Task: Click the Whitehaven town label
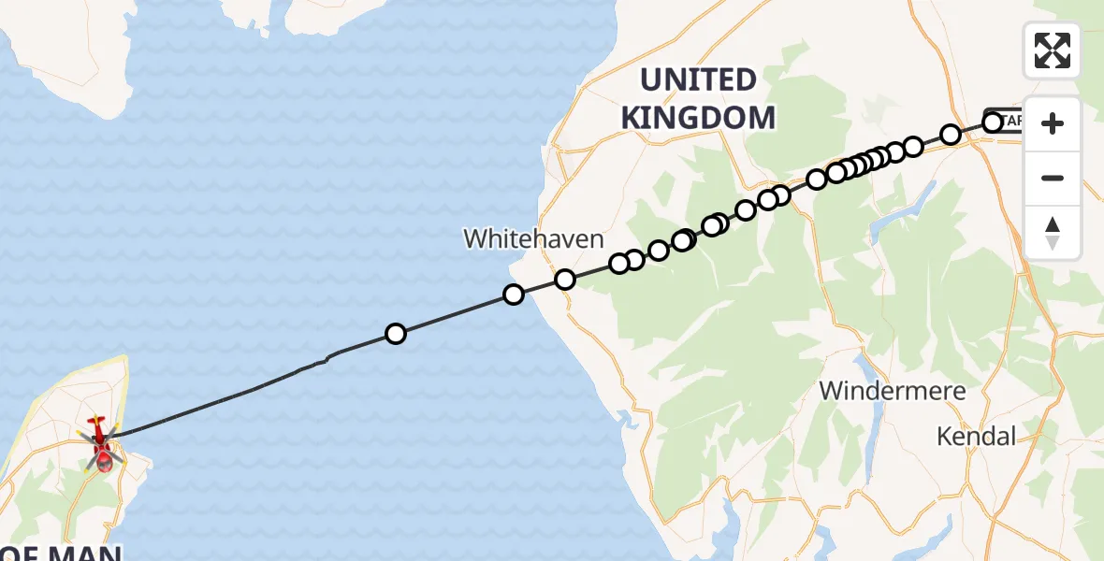[x=534, y=238]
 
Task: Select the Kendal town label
[x=977, y=436]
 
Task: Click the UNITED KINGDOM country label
[x=698, y=98]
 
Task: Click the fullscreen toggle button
[x=1053, y=50]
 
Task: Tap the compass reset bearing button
[x=1053, y=233]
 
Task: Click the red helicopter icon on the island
[x=101, y=443]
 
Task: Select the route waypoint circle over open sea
[x=396, y=334]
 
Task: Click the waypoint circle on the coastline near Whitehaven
[x=513, y=295]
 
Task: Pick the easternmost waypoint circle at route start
[x=993, y=122]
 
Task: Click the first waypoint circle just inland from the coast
[x=564, y=280]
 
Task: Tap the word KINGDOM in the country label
[x=698, y=117]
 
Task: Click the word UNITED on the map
[x=698, y=79]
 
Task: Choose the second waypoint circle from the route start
[x=951, y=135]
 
